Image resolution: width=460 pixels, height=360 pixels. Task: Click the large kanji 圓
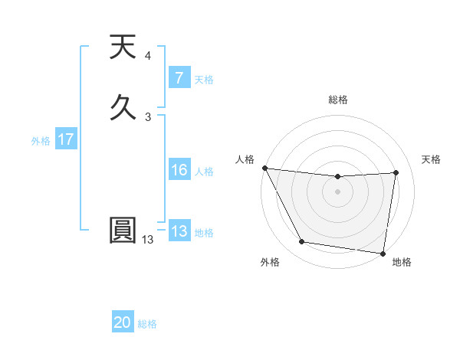point(123,231)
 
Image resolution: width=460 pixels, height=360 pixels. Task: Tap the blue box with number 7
point(179,77)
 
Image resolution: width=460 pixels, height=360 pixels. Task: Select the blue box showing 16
point(179,170)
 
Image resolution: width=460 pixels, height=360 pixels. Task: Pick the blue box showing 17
point(66,140)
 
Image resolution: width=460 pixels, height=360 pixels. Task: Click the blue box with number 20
point(123,322)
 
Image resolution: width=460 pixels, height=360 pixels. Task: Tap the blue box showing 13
point(179,231)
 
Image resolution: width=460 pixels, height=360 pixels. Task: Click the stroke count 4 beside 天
point(147,56)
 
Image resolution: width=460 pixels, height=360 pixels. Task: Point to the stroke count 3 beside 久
point(148,116)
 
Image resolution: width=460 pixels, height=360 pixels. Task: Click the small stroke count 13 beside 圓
point(147,240)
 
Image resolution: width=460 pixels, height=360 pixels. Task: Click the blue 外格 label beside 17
point(41,141)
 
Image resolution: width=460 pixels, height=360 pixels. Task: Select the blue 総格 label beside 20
point(147,324)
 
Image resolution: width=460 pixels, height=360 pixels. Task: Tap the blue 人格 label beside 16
point(204,172)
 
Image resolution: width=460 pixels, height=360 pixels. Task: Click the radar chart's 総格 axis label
point(338,100)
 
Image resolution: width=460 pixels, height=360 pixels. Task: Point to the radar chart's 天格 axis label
point(432,159)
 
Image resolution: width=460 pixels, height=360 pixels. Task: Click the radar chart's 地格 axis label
point(402,263)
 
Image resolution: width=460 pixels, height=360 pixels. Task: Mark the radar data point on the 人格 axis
point(264,168)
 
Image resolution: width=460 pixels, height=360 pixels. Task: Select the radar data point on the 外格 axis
point(301,243)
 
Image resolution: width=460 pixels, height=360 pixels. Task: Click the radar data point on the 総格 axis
point(338,177)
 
